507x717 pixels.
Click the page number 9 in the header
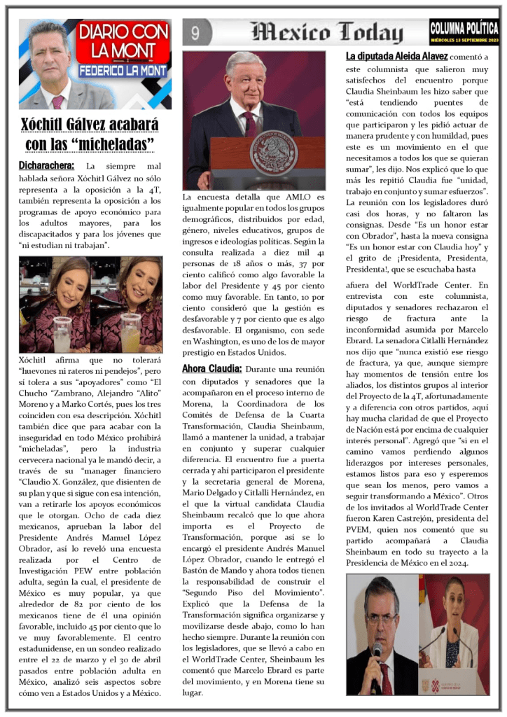[x=195, y=32]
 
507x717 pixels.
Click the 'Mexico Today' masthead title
[x=327, y=32]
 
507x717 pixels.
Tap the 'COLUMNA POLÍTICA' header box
[x=464, y=27]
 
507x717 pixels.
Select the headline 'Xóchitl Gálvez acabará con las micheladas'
[x=90, y=134]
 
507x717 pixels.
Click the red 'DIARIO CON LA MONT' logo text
[x=123, y=43]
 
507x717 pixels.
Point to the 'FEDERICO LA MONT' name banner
[x=123, y=71]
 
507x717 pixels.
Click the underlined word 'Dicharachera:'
[x=46, y=166]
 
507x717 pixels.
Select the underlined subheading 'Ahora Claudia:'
[x=211, y=368]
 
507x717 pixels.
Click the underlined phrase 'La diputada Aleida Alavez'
[x=396, y=55]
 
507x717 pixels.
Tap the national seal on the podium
[x=273, y=152]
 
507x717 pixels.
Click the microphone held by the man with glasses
[x=377, y=651]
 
